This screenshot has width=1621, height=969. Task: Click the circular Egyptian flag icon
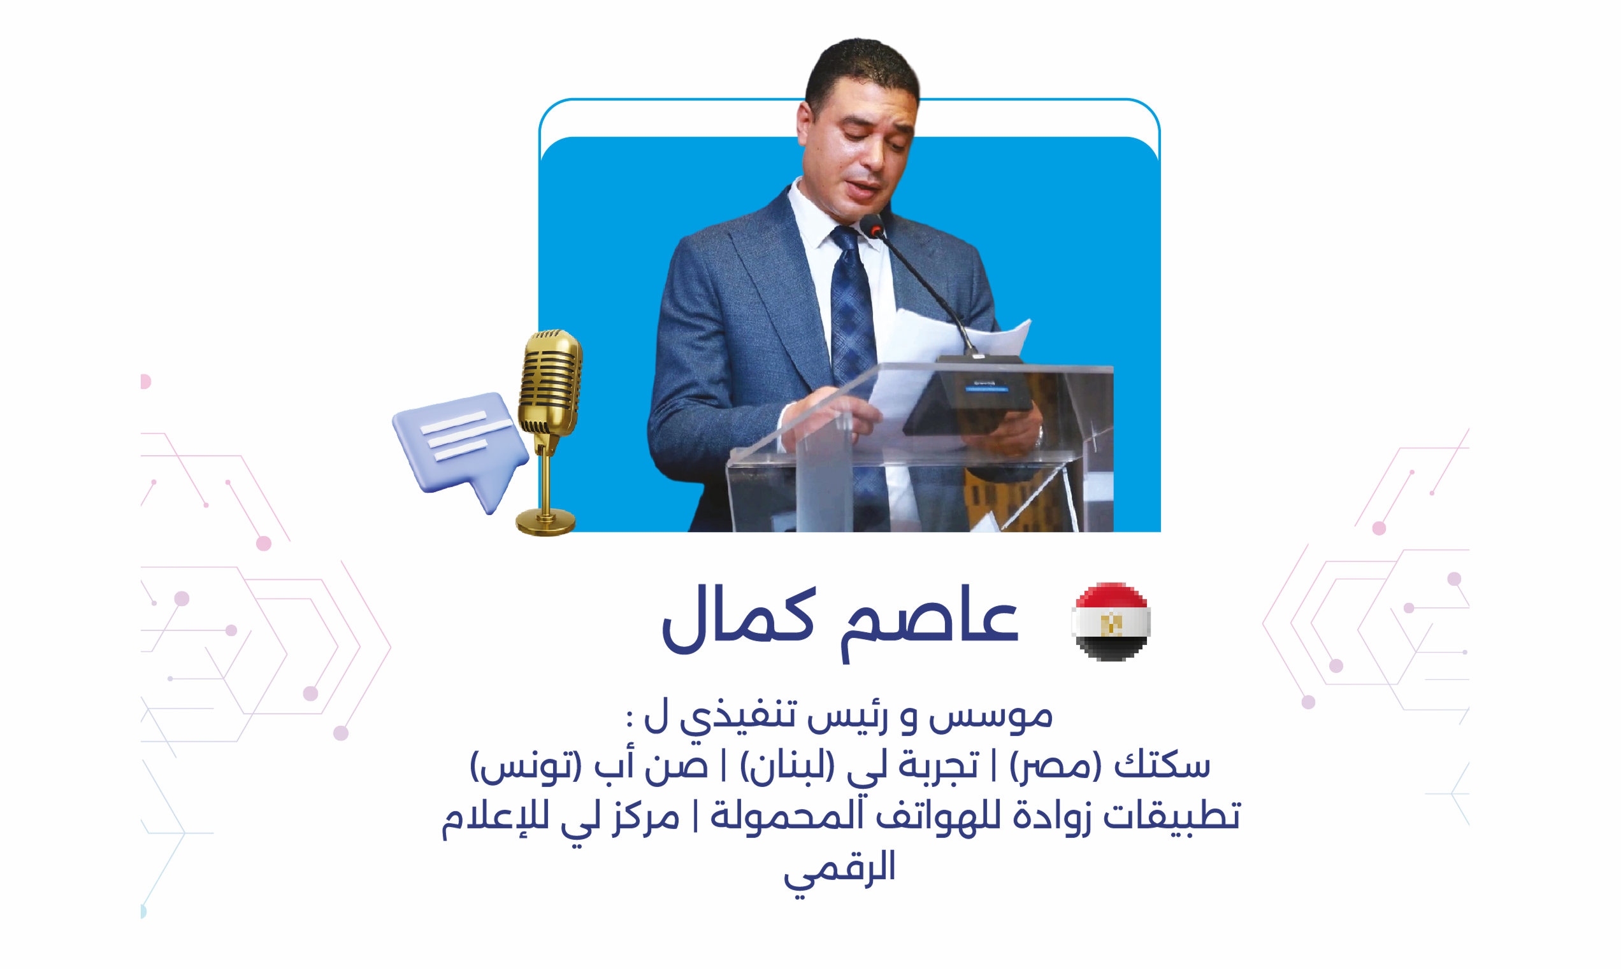1111,621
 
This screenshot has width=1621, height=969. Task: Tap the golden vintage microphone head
550,383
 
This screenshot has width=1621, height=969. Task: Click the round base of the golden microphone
545,522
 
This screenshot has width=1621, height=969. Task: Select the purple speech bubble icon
461,449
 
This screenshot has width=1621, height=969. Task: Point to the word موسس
990,715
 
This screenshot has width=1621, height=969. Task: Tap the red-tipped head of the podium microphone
874,227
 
